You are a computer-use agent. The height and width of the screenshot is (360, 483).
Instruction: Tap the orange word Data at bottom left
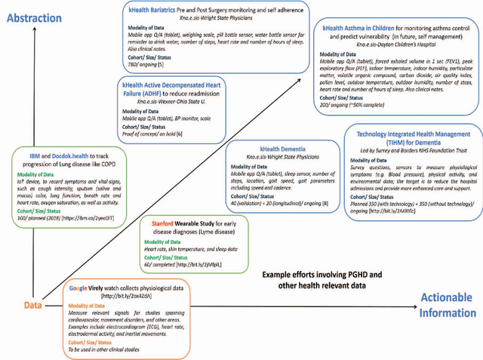coord(31,305)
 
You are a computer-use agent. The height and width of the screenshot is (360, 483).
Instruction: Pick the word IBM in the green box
coord(25,156)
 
